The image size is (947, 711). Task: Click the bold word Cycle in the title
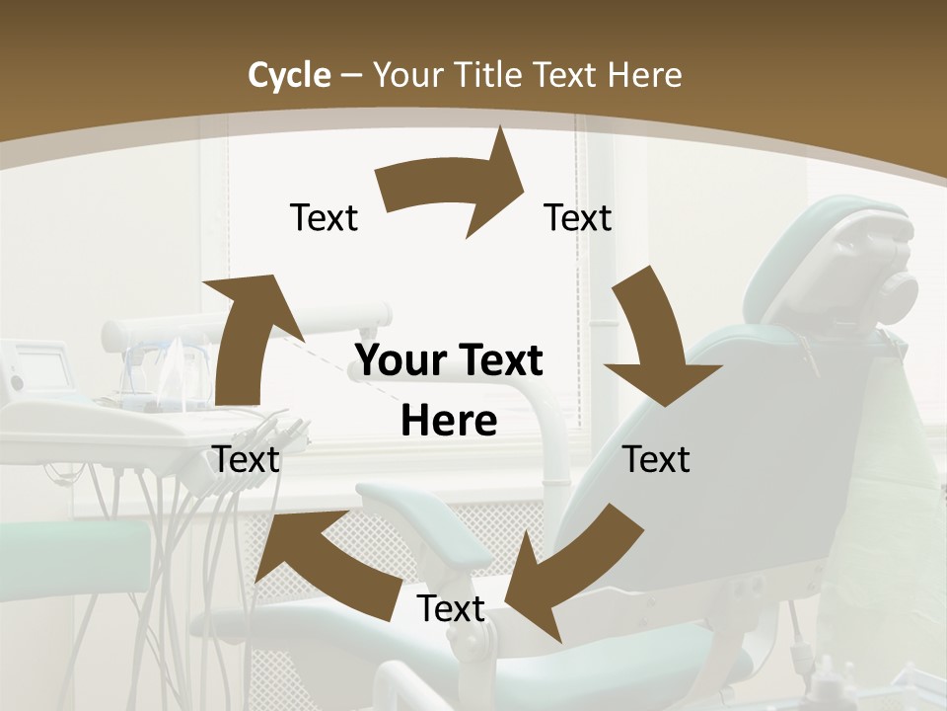289,75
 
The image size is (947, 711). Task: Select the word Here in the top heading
644,75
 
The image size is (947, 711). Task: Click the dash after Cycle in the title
351,76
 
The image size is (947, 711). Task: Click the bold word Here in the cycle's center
449,422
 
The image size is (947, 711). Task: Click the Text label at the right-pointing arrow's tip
578,217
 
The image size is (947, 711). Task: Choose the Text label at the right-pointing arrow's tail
324,217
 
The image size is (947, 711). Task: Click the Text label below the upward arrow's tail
247,459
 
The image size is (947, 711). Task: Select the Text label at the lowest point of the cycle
451,608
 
